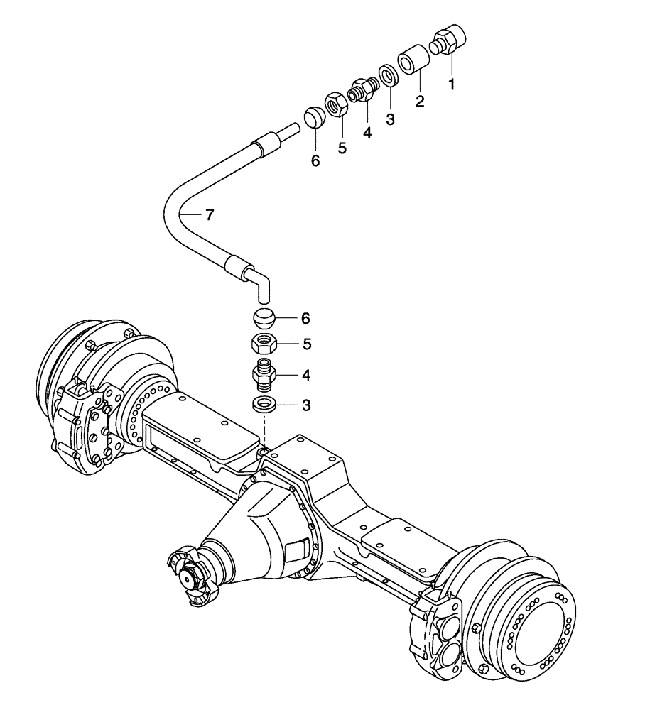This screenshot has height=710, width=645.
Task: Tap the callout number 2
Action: tap(420, 101)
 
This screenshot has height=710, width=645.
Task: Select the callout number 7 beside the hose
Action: tap(209, 215)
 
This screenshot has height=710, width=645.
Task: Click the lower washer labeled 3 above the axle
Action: tap(265, 405)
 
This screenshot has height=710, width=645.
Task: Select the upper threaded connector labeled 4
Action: tap(362, 92)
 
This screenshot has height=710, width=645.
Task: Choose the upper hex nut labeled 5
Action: tap(336, 105)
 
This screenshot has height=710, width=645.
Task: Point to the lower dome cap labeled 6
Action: tap(264, 318)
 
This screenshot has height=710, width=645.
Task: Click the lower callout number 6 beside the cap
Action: tap(306, 318)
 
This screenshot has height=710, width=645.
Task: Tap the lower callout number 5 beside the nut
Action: tap(306, 345)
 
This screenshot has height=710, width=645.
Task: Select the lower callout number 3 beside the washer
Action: tap(306, 405)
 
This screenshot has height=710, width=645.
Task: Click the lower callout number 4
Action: tap(306, 375)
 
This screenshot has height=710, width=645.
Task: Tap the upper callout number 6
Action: tap(315, 161)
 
